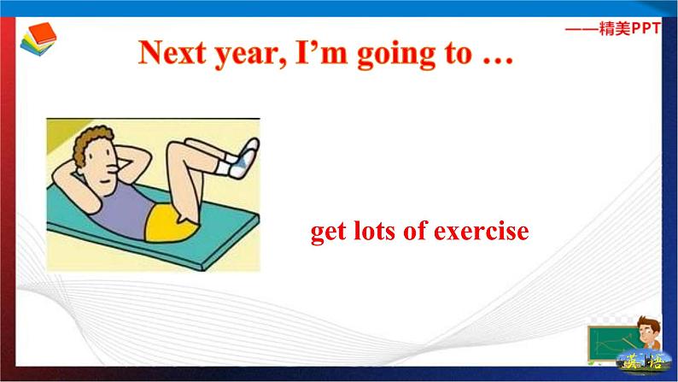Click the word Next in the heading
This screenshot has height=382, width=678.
tap(172, 53)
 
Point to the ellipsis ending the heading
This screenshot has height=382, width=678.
tap(498, 62)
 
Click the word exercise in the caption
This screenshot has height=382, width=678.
tap(482, 231)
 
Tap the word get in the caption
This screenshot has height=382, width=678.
tap(328, 232)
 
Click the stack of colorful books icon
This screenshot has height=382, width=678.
tap(38, 39)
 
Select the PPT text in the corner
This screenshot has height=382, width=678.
tap(646, 28)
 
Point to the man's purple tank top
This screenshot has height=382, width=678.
tap(124, 210)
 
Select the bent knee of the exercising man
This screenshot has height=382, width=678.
tap(178, 152)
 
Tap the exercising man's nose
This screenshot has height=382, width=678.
tap(114, 166)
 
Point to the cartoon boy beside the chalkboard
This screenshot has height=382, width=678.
tap(649, 332)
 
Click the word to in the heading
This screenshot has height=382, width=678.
tap(458, 54)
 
